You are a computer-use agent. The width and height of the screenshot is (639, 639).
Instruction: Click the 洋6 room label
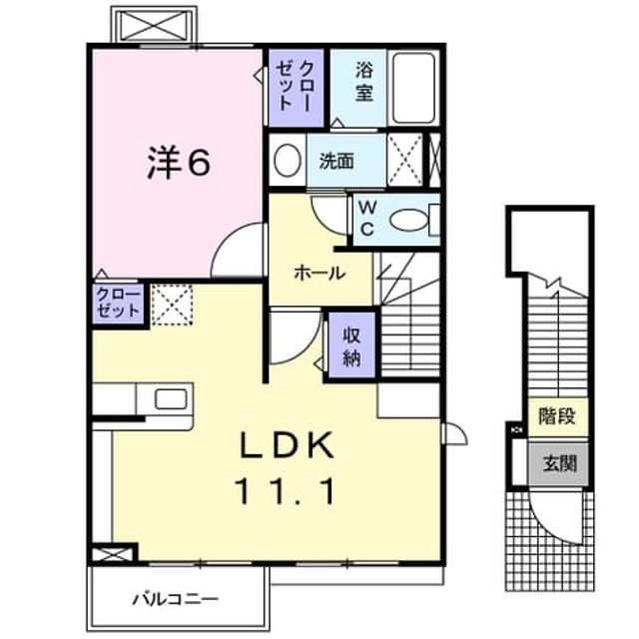click(x=179, y=163)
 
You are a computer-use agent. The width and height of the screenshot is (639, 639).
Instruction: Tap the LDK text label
click(x=287, y=445)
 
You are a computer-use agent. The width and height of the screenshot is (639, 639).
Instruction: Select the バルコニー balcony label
click(x=176, y=599)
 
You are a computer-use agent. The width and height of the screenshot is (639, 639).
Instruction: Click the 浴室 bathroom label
click(x=363, y=81)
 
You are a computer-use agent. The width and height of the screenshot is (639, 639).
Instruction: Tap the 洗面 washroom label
click(x=336, y=162)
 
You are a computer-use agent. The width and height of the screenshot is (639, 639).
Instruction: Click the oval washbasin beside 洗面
click(x=288, y=160)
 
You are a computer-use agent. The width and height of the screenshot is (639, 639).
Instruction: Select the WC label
click(x=367, y=219)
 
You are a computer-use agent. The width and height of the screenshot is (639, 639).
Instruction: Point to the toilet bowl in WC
click(x=408, y=221)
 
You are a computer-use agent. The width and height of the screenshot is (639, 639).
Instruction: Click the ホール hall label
click(x=319, y=273)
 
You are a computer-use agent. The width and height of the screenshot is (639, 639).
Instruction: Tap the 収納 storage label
click(x=351, y=346)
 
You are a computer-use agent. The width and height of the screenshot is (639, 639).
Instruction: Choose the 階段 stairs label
click(x=557, y=416)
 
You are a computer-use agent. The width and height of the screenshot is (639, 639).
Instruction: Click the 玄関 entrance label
click(x=559, y=463)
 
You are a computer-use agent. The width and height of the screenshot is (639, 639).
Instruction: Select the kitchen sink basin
click(x=171, y=399)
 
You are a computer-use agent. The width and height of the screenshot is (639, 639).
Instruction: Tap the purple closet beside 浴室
click(x=297, y=88)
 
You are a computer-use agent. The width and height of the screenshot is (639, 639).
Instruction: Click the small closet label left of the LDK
click(x=118, y=304)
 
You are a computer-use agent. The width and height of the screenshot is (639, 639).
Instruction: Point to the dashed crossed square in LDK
click(x=172, y=305)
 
